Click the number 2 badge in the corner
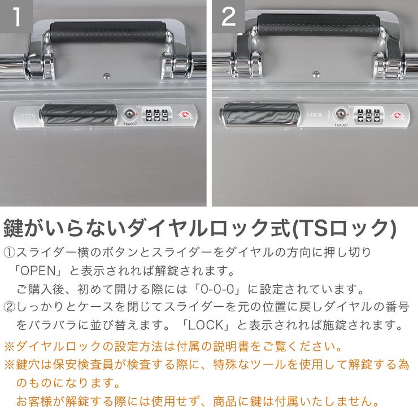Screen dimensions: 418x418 click(228, 16)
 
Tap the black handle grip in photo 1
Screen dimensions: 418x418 click(108, 29)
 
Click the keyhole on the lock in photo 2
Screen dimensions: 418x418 click(340, 114)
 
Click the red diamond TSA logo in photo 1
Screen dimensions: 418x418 click(182, 115)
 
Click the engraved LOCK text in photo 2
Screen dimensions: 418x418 click(315, 115)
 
